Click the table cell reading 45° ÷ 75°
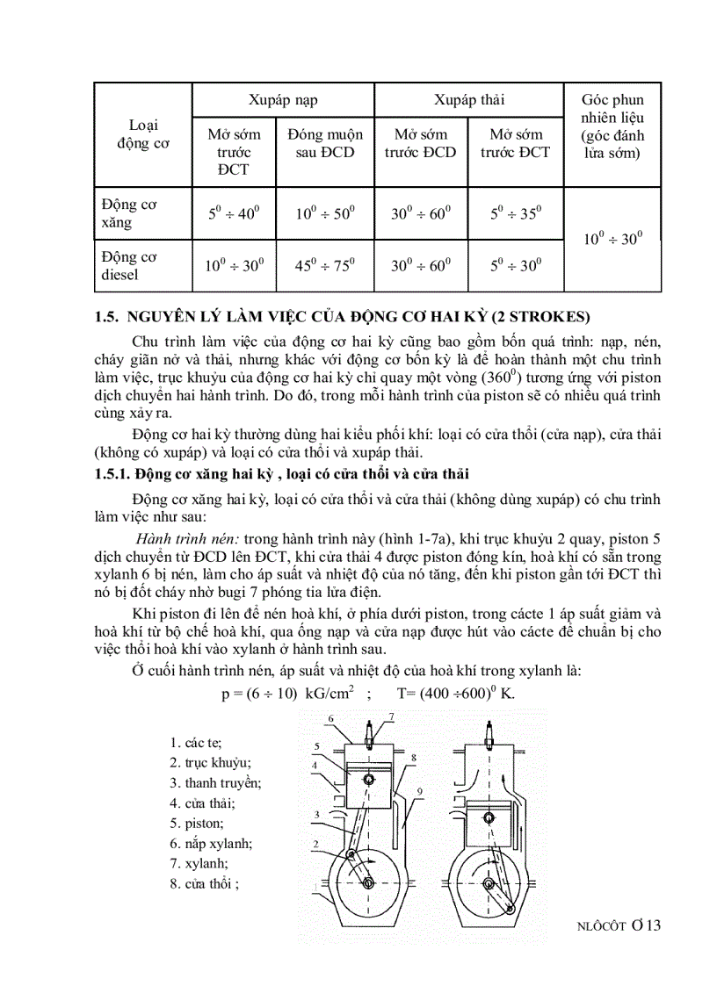325,265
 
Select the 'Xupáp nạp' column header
283,100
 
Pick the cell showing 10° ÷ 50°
325,212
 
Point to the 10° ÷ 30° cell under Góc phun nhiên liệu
612,238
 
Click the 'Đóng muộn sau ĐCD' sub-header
325,143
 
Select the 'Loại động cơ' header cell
143,134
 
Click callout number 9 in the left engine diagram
420,792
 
